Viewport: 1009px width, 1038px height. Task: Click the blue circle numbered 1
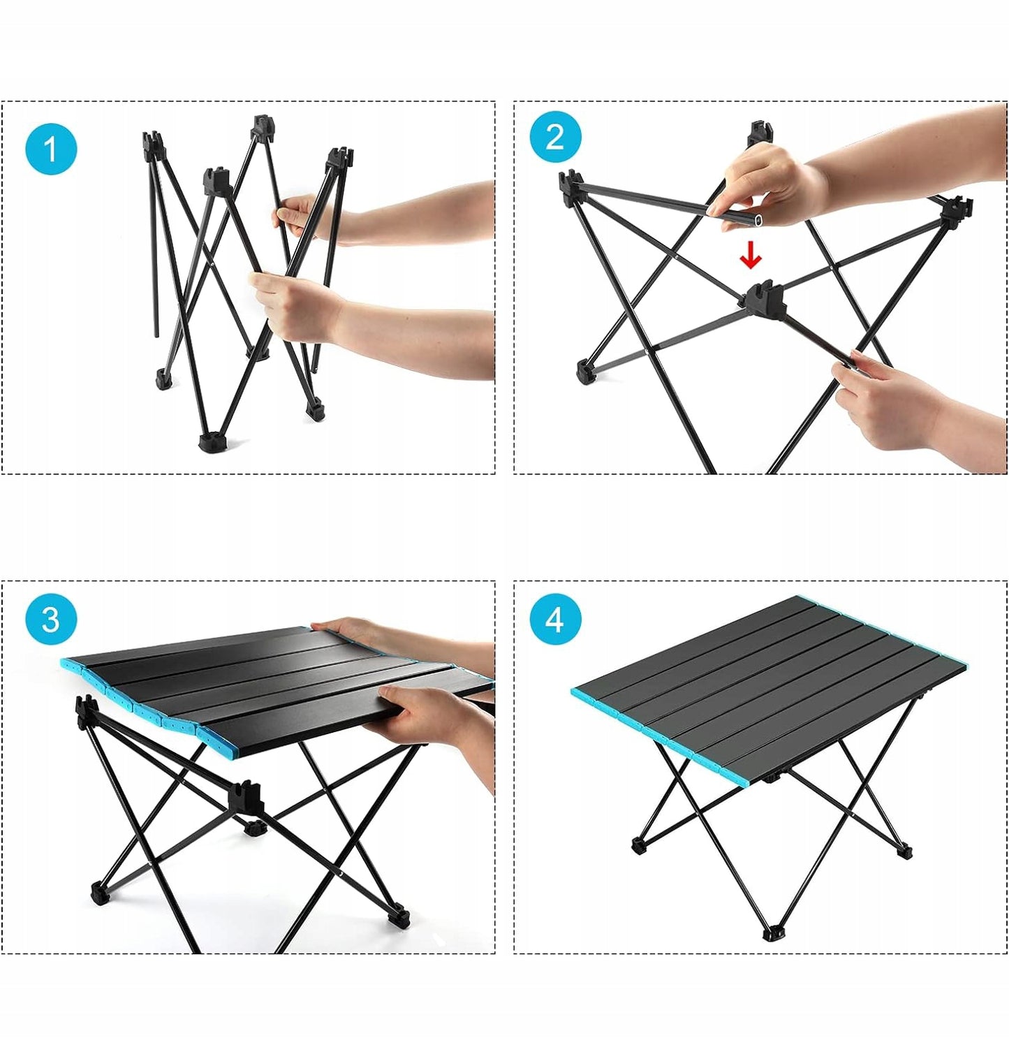coord(51,149)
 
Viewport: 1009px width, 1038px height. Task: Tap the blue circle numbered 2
coord(555,137)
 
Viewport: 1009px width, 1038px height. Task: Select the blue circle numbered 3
coord(51,620)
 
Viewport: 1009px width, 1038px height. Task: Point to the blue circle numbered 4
coord(555,620)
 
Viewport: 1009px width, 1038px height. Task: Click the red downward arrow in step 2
coord(751,256)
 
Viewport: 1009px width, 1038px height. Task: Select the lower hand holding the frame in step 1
coord(299,307)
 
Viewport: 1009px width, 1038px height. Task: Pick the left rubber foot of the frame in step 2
coord(586,371)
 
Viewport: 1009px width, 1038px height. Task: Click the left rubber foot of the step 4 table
coord(640,845)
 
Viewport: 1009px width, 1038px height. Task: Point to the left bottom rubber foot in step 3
coord(101,893)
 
